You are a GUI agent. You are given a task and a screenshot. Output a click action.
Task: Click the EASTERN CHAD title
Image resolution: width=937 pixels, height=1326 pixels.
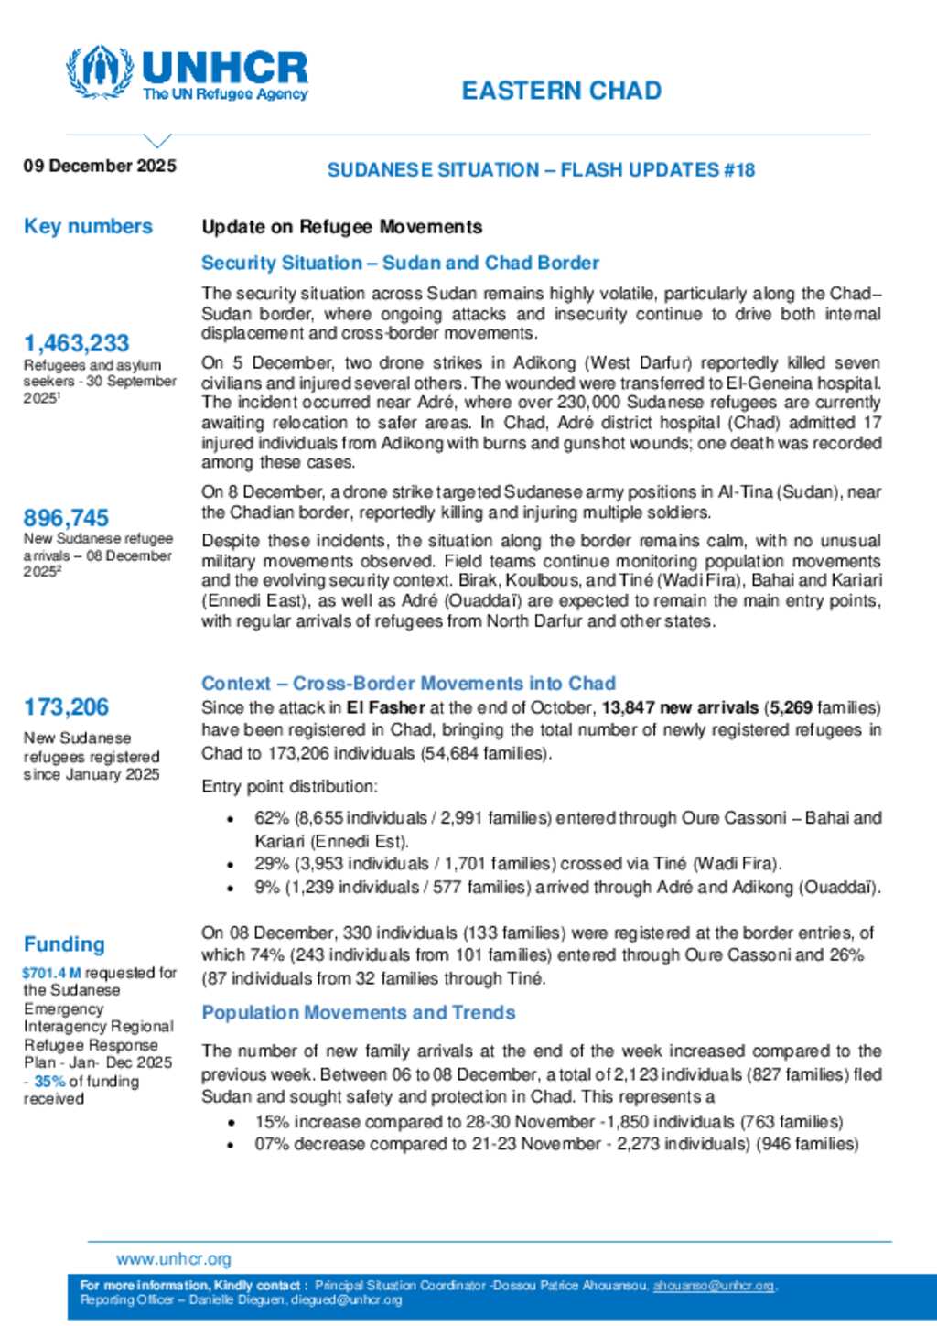point(561,91)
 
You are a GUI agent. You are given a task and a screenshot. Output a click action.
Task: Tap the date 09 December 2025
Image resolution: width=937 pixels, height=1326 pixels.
point(100,166)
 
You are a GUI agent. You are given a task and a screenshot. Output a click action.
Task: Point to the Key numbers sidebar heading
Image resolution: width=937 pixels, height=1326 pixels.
point(88,226)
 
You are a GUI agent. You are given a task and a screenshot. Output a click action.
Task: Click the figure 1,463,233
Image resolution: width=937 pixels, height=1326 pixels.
point(76,343)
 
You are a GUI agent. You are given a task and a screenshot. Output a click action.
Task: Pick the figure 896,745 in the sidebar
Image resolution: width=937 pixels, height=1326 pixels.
point(66,517)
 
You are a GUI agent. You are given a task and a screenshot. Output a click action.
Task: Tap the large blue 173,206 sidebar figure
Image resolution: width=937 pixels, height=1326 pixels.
point(66,706)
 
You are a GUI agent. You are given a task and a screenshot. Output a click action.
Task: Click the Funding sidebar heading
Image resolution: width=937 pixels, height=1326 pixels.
point(64,943)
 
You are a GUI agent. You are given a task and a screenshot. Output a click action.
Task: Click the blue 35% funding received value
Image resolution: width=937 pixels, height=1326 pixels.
point(49,1081)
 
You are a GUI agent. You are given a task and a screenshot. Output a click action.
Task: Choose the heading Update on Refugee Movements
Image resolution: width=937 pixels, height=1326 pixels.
point(341,226)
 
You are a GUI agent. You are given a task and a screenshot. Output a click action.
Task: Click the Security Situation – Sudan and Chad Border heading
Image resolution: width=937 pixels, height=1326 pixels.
point(400,263)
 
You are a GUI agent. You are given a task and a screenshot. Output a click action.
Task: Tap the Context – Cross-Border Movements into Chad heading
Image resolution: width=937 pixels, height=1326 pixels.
point(408,683)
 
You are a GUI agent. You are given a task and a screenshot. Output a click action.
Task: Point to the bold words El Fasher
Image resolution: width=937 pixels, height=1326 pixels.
point(385,707)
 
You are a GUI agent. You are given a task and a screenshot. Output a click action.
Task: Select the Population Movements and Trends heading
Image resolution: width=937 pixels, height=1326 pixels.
point(358,1012)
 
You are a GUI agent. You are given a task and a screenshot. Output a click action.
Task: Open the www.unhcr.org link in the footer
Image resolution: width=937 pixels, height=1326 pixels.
point(174,1259)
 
